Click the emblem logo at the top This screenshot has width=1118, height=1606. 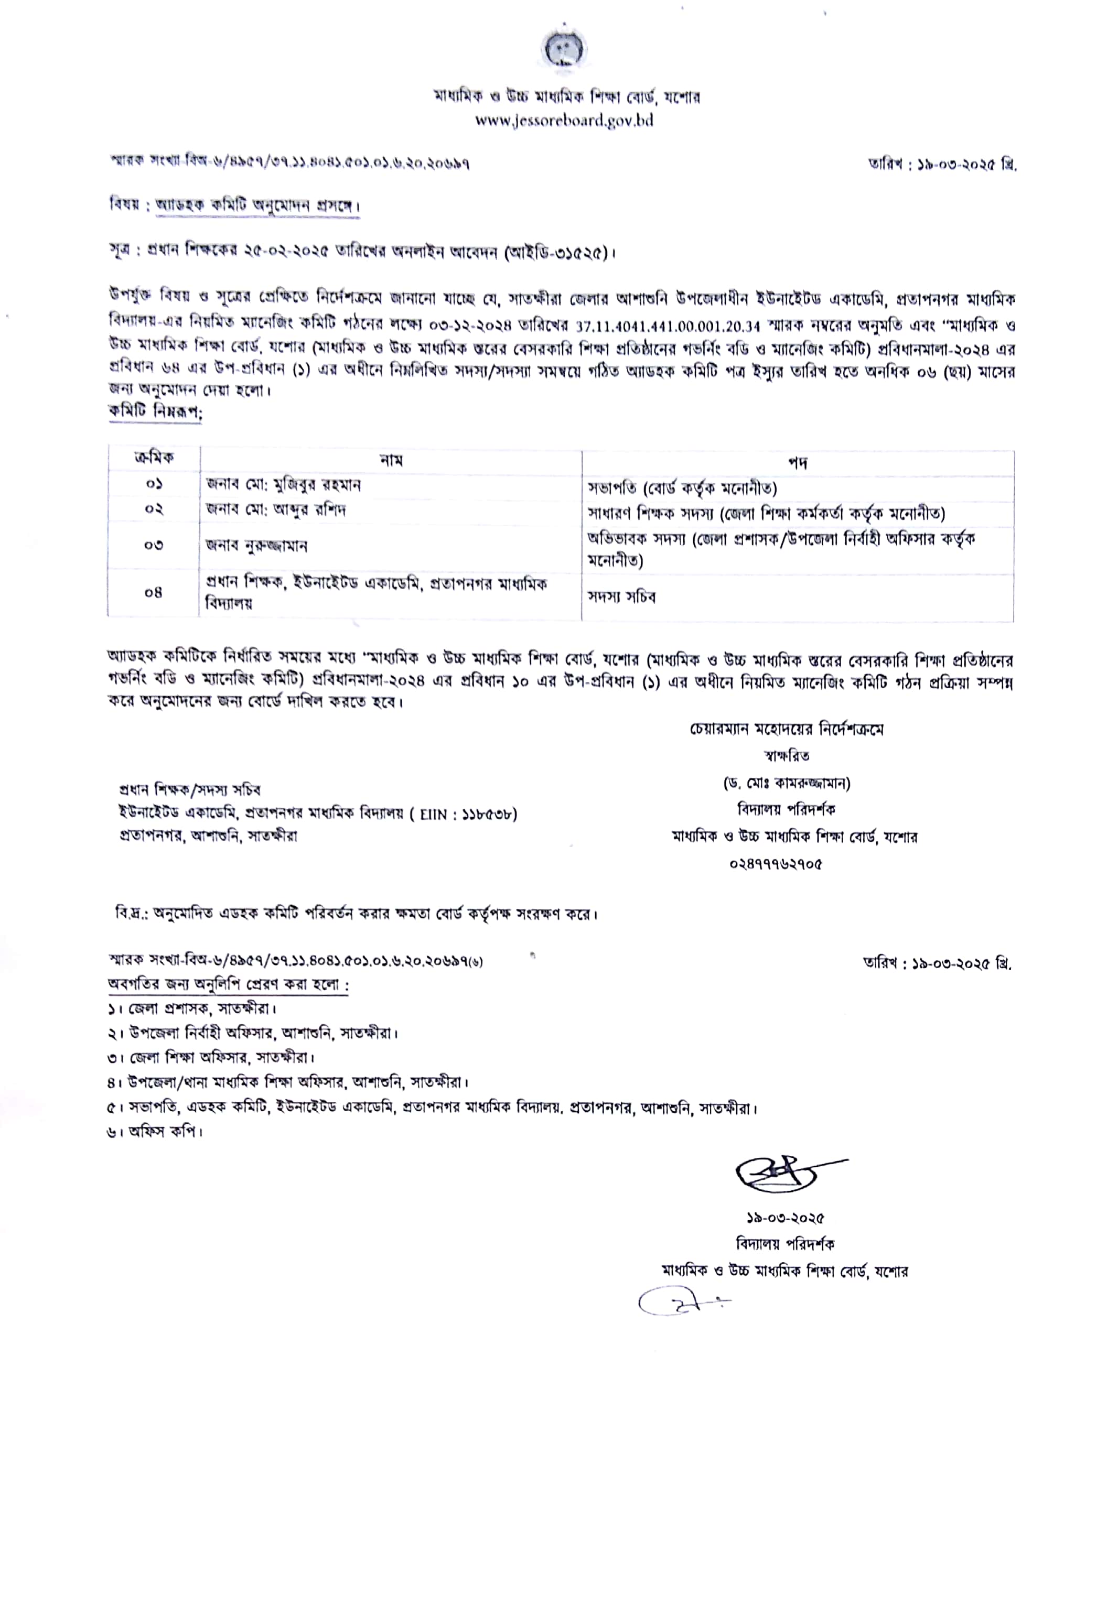[564, 51]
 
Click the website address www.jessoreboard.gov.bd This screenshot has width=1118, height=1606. [564, 121]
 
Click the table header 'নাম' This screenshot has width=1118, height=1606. [390, 460]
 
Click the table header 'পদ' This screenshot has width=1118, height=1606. [798, 462]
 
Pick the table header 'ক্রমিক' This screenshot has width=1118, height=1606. [154, 458]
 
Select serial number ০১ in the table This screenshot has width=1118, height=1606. [154, 484]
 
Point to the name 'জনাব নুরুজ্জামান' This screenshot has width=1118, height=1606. [257, 545]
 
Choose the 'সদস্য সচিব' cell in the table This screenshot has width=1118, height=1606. [621, 596]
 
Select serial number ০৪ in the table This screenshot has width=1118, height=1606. [154, 592]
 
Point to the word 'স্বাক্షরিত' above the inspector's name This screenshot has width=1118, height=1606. [787, 756]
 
